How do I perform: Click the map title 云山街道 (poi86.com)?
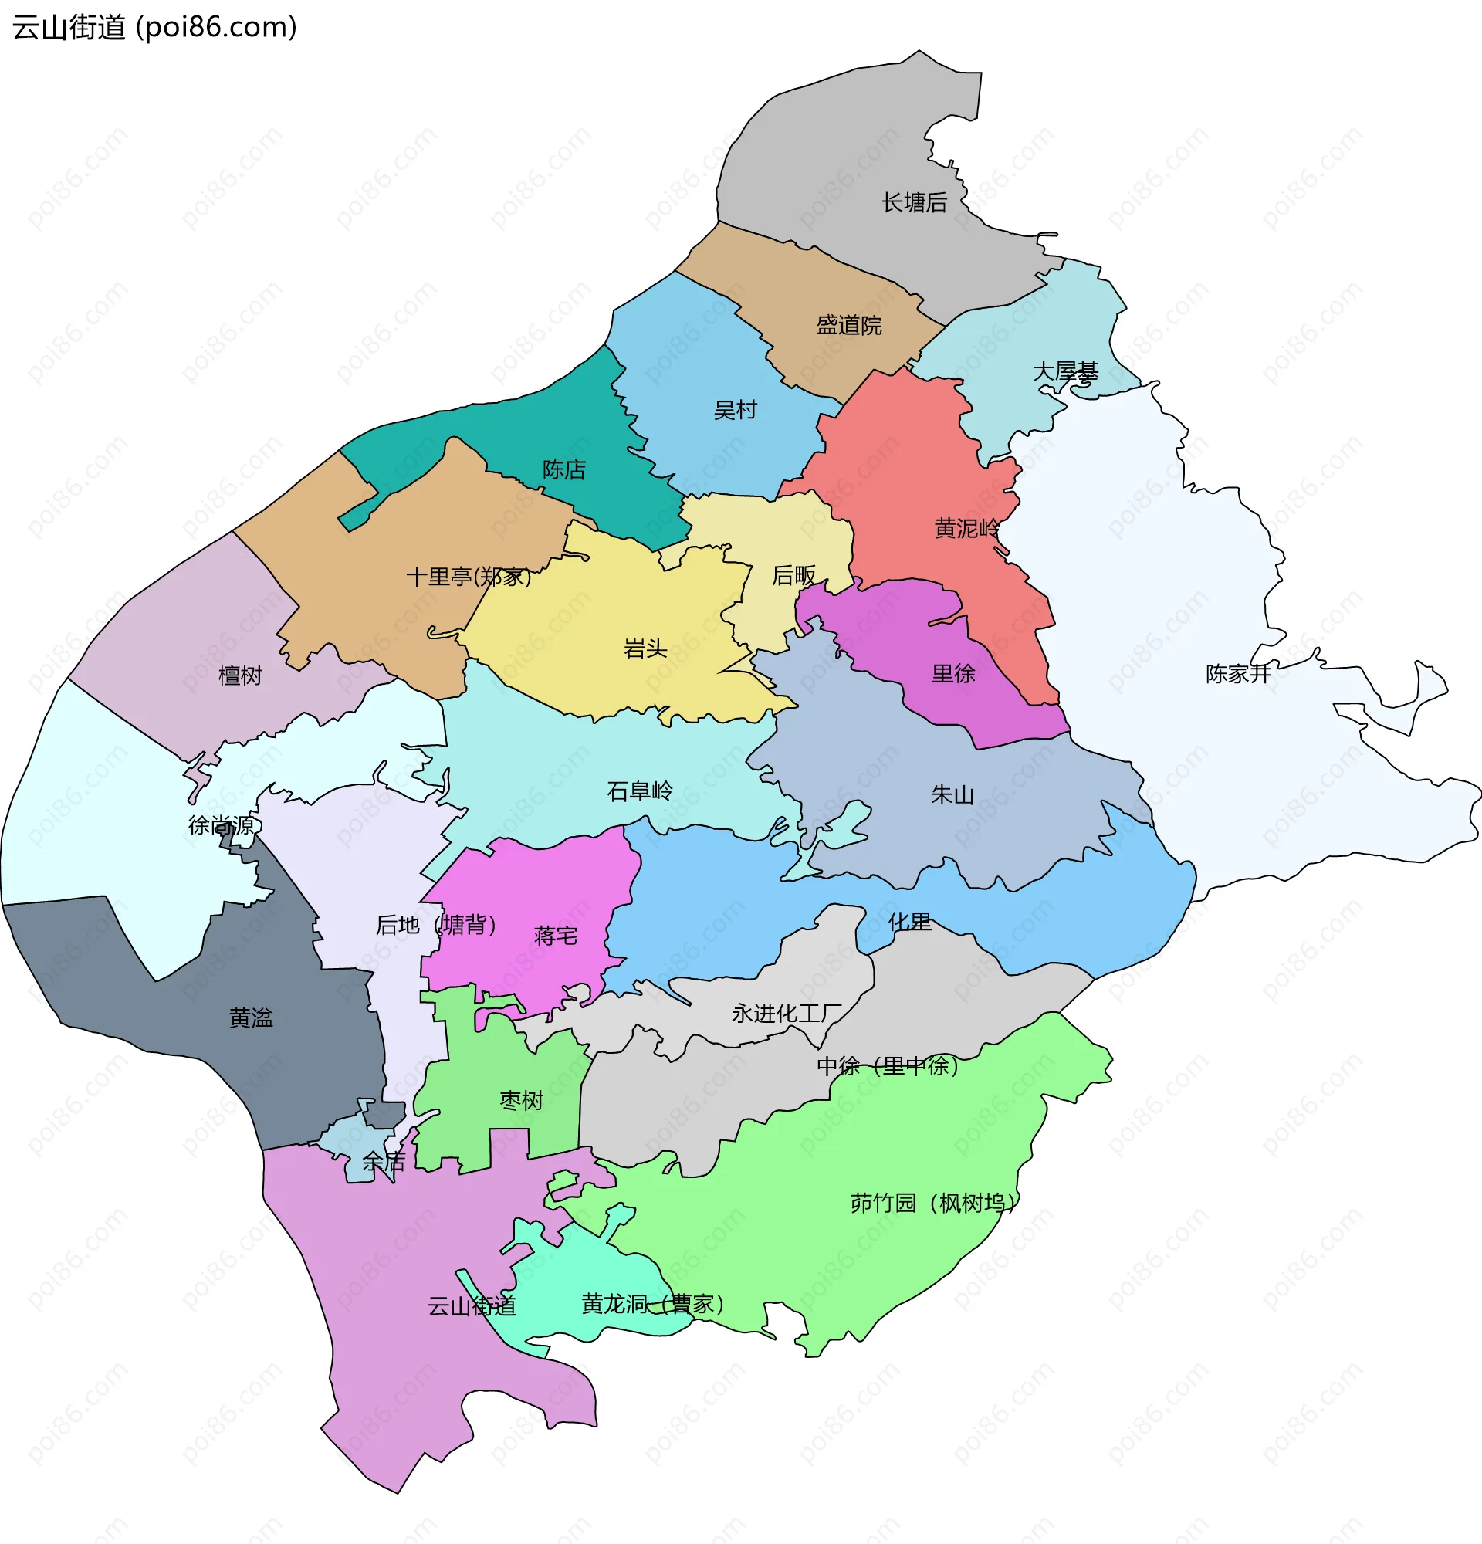coord(154,27)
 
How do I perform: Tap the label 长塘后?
coord(914,202)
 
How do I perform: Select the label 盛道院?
coord(849,325)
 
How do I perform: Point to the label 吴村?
coord(735,410)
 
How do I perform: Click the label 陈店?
coord(563,469)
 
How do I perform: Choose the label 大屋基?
coord(1064,371)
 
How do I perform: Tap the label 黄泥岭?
coord(967,528)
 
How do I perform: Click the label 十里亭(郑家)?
coord(469,577)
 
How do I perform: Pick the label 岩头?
coord(645,648)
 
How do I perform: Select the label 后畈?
coord(793,576)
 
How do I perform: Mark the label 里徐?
coord(952,673)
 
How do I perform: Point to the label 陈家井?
coord(1238,673)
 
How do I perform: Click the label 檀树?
coord(239,675)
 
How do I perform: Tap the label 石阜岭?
coord(639,791)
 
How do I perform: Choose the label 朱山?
coord(952,795)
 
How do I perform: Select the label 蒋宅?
coord(555,936)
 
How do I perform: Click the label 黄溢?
coord(250,1017)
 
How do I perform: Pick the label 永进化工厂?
coord(787,1013)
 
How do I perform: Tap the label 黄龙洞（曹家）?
coord(652,1304)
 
